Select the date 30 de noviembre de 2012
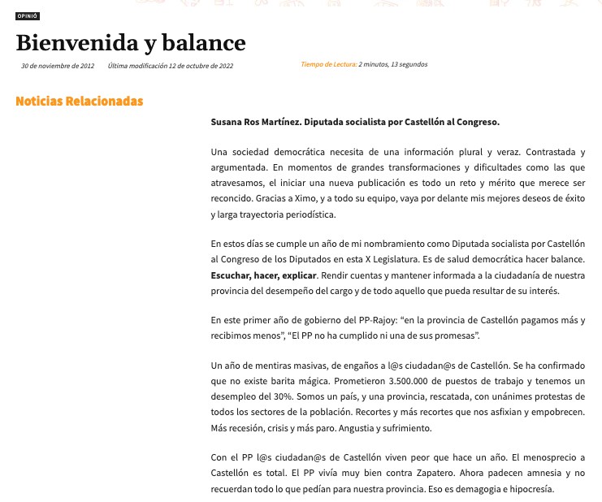[58, 65]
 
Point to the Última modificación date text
[171, 65]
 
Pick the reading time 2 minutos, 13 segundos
[393, 64]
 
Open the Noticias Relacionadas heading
[80, 102]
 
